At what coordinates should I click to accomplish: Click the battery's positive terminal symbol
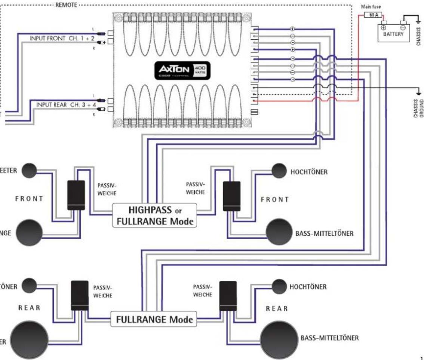tap(383, 27)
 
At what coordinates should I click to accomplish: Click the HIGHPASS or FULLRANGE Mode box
tap(155, 216)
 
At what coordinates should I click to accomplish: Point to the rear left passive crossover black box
tap(80, 295)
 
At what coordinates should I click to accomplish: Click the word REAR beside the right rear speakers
tap(276, 309)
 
